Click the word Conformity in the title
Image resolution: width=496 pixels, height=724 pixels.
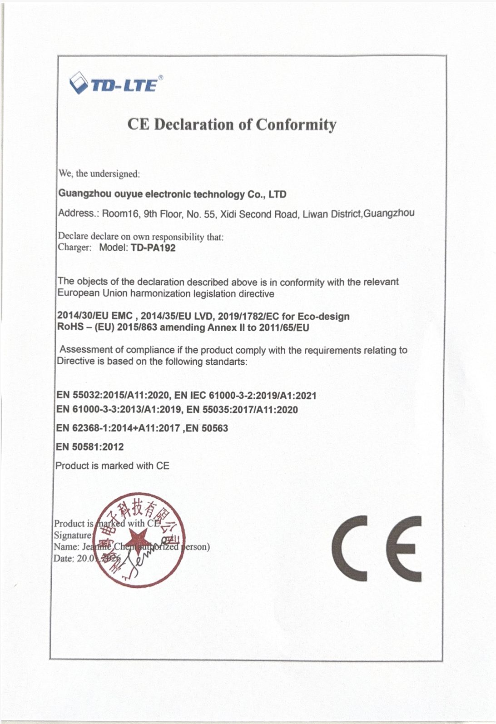pyautogui.click(x=296, y=124)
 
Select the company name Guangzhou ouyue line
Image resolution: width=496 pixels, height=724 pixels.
pyautogui.click(x=172, y=194)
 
